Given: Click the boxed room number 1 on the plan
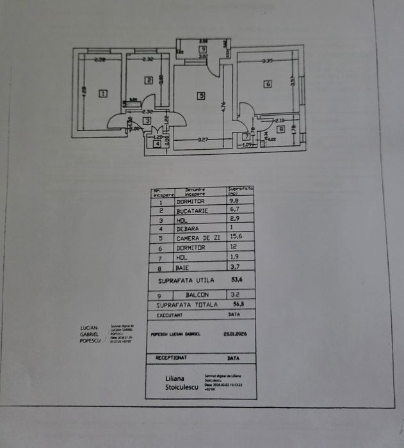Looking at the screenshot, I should pyautogui.click(x=102, y=93).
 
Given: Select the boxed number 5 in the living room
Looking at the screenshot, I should pyautogui.click(x=200, y=96).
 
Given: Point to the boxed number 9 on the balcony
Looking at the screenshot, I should pyautogui.click(x=202, y=49).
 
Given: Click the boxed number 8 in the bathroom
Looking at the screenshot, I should pyautogui.click(x=281, y=129).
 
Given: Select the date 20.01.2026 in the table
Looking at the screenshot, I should pyautogui.click(x=236, y=333).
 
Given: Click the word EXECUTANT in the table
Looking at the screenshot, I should pyautogui.click(x=169, y=316).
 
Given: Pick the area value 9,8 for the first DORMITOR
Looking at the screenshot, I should pyautogui.click(x=235, y=200).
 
